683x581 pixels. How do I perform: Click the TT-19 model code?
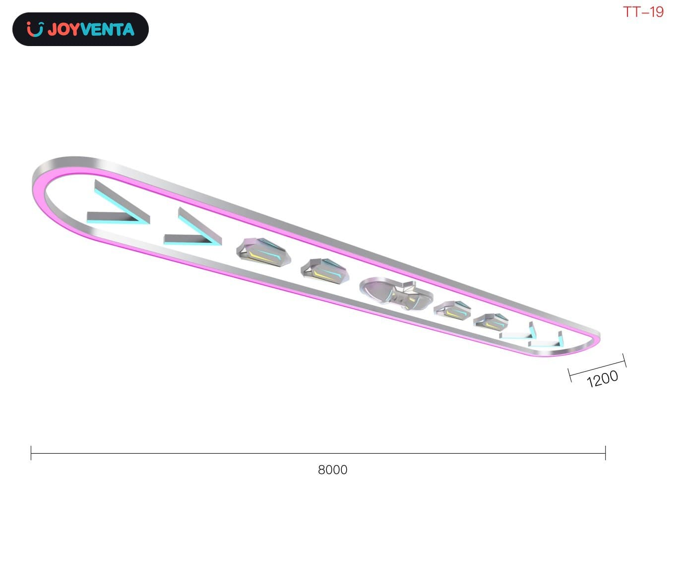(x=643, y=12)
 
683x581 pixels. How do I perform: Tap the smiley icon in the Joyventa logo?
(x=35, y=29)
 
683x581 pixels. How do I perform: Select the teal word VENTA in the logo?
(x=108, y=29)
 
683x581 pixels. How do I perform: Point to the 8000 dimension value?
(x=332, y=470)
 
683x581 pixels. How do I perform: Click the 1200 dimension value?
(x=602, y=378)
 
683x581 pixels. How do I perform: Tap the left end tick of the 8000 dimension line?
(x=31, y=453)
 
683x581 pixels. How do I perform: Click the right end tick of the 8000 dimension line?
(x=605, y=453)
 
